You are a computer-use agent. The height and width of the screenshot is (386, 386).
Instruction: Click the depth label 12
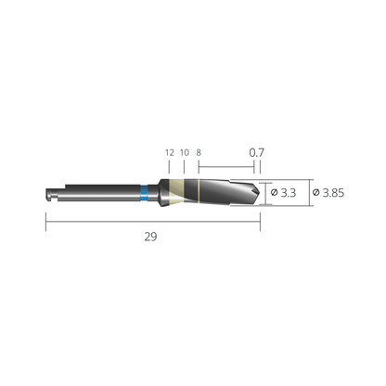(170, 153)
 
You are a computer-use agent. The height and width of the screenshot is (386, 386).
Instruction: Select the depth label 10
(185, 153)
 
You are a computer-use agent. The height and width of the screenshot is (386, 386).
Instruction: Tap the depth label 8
(199, 153)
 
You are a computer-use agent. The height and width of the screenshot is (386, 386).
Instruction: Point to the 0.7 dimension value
(257, 152)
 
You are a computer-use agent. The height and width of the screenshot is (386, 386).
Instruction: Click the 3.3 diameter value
(289, 193)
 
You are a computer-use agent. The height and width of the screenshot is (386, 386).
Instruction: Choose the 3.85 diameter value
(333, 193)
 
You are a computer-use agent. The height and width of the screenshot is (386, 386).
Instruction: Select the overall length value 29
(150, 237)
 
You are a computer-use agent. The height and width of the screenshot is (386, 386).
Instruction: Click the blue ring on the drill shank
(144, 193)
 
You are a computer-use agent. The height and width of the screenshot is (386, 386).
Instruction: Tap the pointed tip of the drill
(259, 192)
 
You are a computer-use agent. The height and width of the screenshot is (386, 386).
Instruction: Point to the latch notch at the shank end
(49, 195)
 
